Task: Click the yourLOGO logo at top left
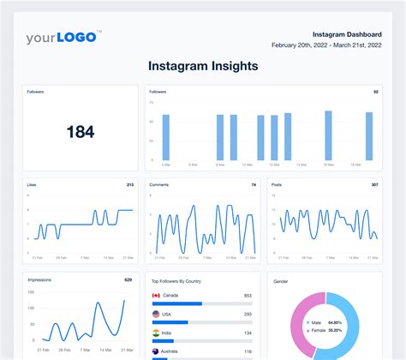coord(63,37)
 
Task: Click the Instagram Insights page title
coord(202,65)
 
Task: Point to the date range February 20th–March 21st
coord(326,45)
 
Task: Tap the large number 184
coord(80,132)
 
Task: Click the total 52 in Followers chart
coord(375,91)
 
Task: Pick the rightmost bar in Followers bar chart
coord(369,135)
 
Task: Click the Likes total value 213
coord(129,184)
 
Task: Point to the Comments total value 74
coord(253,184)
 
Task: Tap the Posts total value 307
coord(373,184)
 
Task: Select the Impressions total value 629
coord(128,279)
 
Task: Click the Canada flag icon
coord(156,296)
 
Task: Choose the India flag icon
coord(156,333)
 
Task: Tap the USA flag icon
coord(156,314)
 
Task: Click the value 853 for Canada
coord(247,296)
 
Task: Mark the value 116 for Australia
coord(247,351)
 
